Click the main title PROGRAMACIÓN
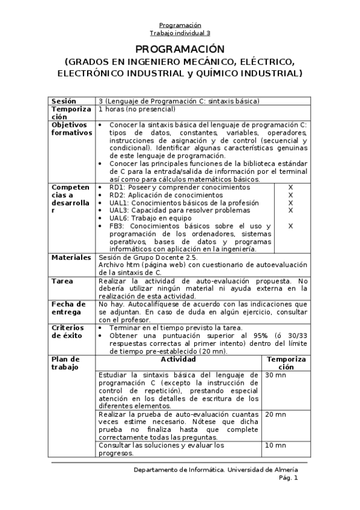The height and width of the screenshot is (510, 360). tap(180, 49)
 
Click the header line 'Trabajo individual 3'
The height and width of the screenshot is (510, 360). tap(180, 33)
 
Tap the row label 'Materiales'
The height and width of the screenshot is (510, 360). tap(71, 257)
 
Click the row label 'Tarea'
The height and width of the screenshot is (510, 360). tap(62, 281)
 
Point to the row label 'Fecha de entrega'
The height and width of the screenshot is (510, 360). tap(66, 308)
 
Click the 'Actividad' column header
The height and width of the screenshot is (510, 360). tap(178, 358)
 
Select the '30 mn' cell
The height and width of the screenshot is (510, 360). tap(275, 375)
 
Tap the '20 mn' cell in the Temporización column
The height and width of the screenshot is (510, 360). tap(275, 414)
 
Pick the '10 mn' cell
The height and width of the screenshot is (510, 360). tap(275, 445)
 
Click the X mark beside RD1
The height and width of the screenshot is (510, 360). tap(290, 188)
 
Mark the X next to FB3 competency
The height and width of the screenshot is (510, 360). tap(290, 226)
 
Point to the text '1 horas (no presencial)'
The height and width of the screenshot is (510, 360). tap(136, 109)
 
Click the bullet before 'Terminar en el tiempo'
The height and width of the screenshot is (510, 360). tap(100, 328)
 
